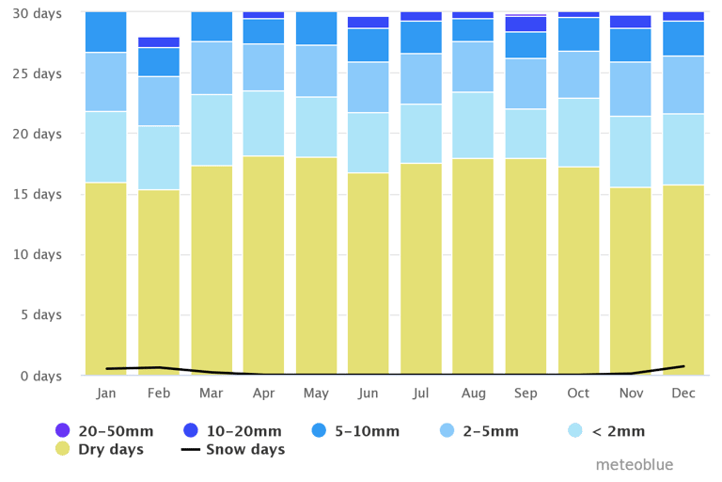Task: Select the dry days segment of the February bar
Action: coord(158,281)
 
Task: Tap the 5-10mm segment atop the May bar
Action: coord(316,28)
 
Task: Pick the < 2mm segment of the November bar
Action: coord(630,152)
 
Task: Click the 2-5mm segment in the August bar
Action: coord(473,66)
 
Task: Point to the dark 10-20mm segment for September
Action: coord(526,24)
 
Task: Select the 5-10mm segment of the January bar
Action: coord(105,32)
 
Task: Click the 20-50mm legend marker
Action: coord(63,431)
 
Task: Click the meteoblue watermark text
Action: coord(635,465)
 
